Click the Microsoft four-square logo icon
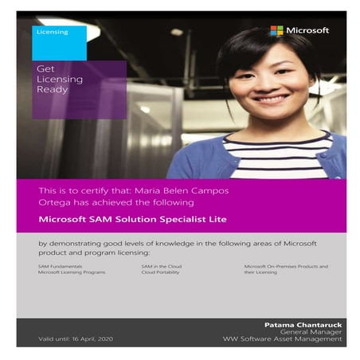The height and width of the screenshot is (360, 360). [x=276, y=30]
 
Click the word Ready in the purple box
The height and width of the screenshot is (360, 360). [x=52, y=89]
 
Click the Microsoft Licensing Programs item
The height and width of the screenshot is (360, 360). [x=72, y=272]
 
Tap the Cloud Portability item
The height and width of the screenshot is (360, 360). [x=158, y=272]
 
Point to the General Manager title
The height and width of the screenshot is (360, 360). [x=316, y=332]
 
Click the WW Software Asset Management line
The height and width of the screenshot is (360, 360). [x=294, y=339]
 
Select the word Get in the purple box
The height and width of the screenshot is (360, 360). [x=45, y=69]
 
